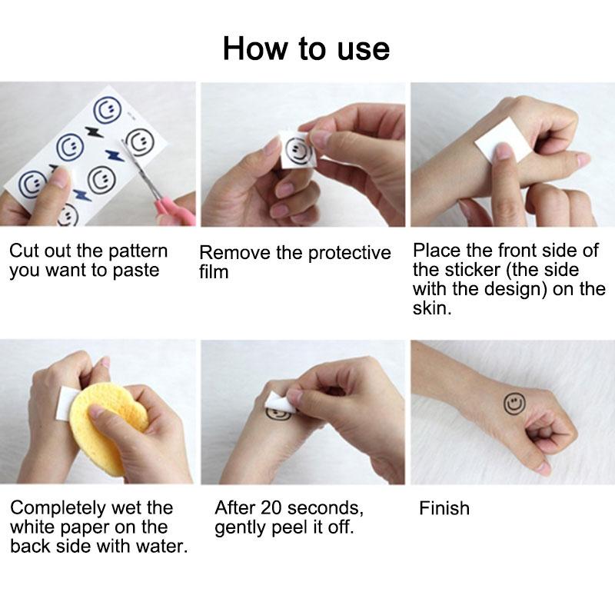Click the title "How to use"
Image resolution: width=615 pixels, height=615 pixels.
point(306,48)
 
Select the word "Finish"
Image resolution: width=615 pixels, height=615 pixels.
point(444,508)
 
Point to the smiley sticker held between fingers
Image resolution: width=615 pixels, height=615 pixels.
point(295,151)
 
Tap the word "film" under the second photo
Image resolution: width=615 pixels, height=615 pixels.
point(214,272)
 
